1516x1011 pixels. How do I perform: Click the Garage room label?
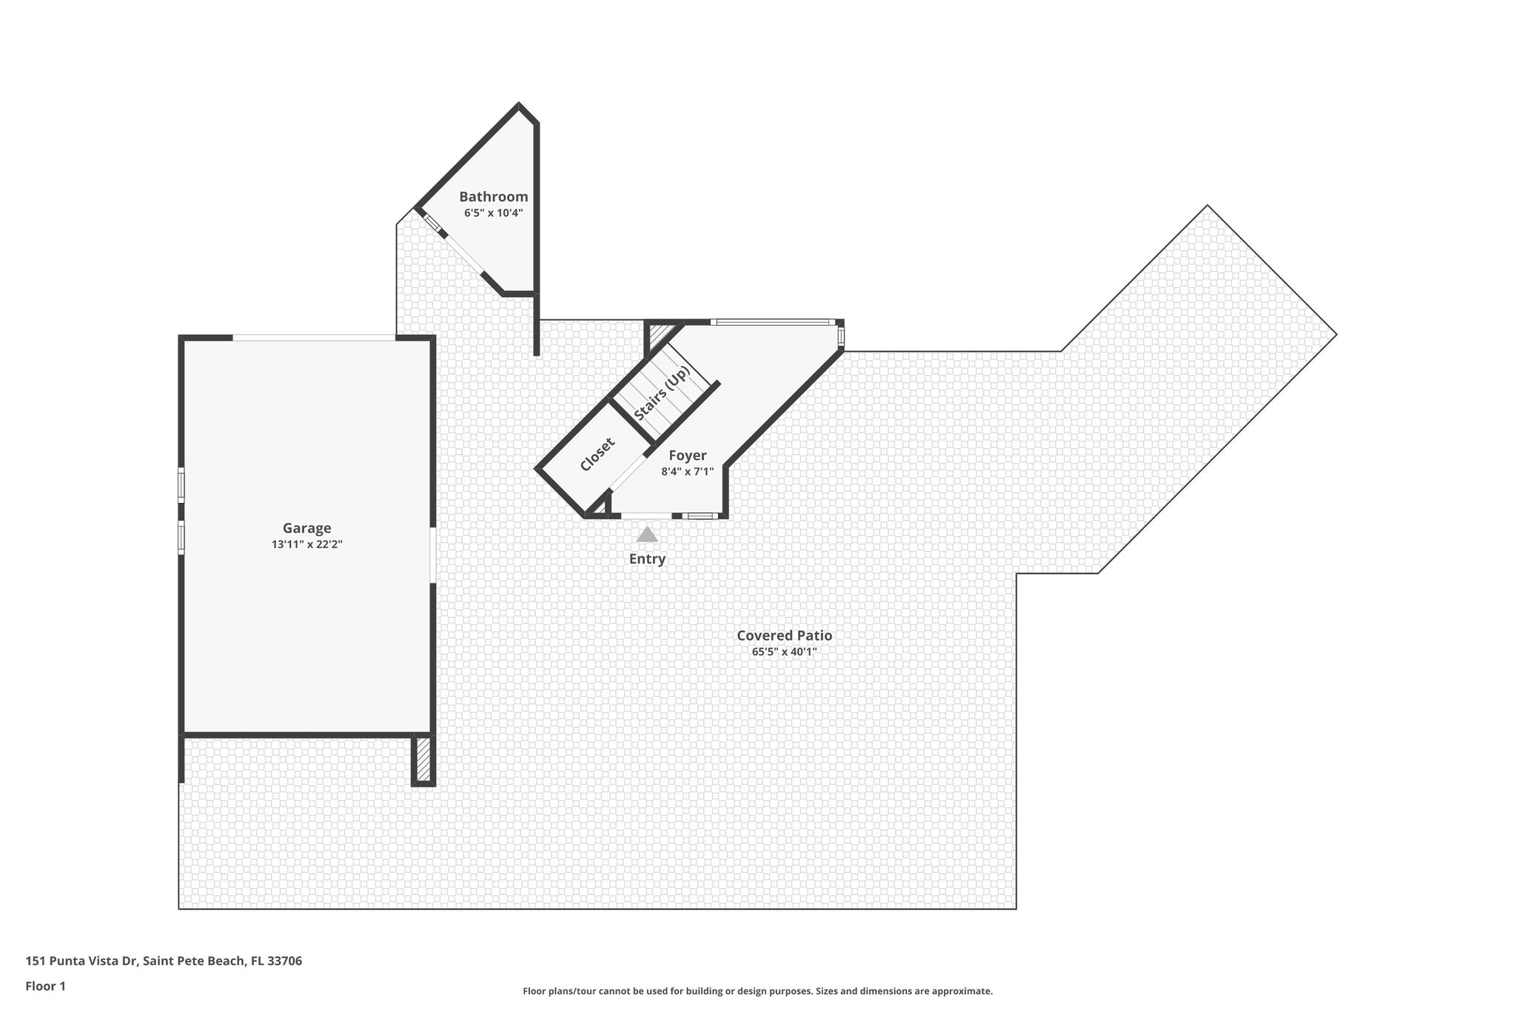click(x=306, y=528)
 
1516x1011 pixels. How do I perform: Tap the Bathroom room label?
click(x=493, y=196)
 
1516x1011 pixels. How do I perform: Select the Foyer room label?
click(x=687, y=456)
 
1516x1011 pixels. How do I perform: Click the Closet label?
click(x=597, y=454)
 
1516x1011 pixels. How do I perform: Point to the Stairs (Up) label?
click(x=662, y=393)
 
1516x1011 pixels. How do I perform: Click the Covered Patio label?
click(x=784, y=635)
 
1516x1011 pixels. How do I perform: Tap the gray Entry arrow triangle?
click(x=647, y=535)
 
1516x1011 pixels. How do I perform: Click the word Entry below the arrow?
click(x=647, y=559)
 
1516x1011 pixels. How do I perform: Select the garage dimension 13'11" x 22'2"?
click(x=306, y=544)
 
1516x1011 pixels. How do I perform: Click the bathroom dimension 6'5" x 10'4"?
click(x=493, y=213)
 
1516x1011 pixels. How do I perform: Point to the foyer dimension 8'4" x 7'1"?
click(x=687, y=471)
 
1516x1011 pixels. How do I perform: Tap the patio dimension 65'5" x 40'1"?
click(x=784, y=652)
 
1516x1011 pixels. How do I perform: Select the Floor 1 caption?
click(x=45, y=986)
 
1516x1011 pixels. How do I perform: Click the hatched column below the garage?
click(x=423, y=758)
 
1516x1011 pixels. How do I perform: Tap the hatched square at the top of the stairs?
click(x=657, y=335)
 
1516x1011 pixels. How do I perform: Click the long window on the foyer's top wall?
click(x=772, y=322)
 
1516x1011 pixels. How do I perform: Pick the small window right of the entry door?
click(x=700, y=515)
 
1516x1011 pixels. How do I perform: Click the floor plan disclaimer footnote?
click(x=757, y=991)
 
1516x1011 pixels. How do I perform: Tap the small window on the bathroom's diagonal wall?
click(x=432, y=222)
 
